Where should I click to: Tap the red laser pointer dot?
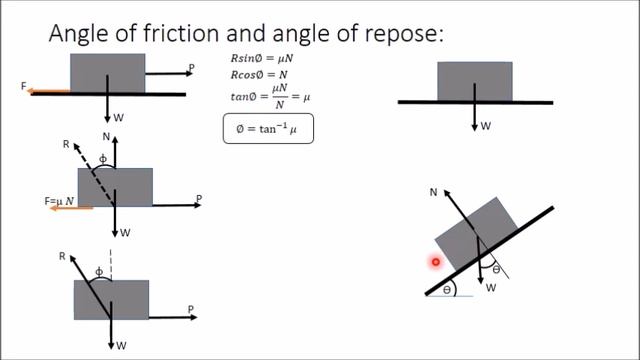tap(436, 262)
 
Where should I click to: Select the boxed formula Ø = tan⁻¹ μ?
tap(267, 129)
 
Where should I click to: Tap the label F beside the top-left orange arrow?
tap(23, 88)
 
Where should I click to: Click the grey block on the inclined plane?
tap(473, 235)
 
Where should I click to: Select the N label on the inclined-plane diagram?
tap(434, 190)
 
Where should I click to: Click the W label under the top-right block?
tap(486, 126)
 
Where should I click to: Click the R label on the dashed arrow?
tap(66, 145)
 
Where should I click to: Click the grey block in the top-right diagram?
tap(475, 81)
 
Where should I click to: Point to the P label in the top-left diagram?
tap(190, 68)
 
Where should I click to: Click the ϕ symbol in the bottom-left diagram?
tap(98, 272)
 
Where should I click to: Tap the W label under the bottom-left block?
tap(121, 345)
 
